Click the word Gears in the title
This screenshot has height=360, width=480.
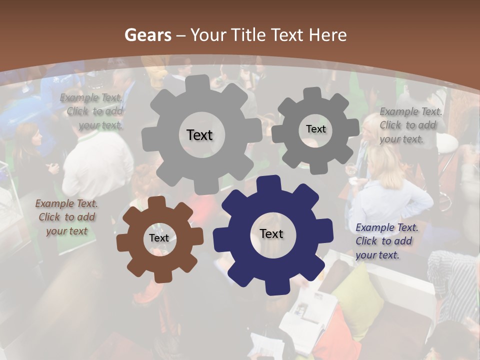147,35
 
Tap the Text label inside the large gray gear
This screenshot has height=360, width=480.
199,135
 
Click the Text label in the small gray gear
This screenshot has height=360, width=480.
315,129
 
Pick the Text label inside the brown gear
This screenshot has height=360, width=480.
159,238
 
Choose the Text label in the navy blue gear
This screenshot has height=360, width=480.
271,233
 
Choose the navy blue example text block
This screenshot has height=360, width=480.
386,241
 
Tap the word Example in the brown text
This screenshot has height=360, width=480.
55,203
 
